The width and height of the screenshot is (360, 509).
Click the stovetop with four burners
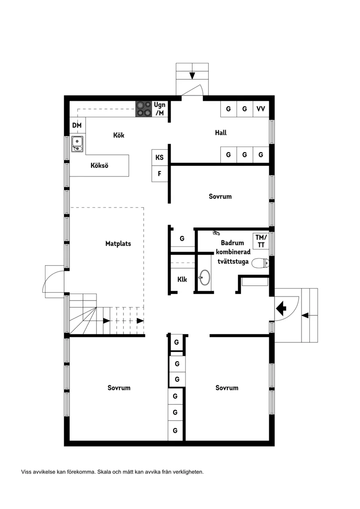click(x=144, y=109)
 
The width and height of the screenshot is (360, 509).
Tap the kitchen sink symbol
click(x=77, y=144)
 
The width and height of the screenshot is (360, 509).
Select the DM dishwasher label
click(x=77, y=126)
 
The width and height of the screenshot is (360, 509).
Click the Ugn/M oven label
click(x=160, y=109)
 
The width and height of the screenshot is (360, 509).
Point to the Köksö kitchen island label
click(x=99, y=166)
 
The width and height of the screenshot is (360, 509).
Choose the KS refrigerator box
click(x=160, y=157)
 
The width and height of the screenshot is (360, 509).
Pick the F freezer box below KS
click(x=160, y=174)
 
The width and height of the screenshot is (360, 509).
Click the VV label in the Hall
click(x=261, y=109)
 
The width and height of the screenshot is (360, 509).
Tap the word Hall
click(x=221, y=133)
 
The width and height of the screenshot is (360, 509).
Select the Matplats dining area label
click(x=118, y=243)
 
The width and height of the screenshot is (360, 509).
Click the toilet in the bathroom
click(x=261, y=263)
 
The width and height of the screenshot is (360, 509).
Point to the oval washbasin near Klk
click(x=204, y=277)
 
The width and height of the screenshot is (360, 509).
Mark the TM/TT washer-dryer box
click(x=261, y=241)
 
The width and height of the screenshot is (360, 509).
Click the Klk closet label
click(x=182, y=279)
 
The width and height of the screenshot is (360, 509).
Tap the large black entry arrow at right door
click(x=281, y=308)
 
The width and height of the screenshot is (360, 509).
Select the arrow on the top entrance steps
click(x=192, y=75)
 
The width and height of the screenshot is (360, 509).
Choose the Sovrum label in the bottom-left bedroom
click(x=119, y=388)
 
